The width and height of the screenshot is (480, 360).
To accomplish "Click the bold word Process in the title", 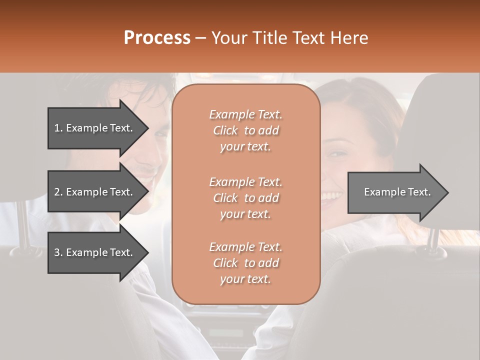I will [x=157, y=38].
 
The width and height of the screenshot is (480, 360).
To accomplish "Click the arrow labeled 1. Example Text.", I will [x=95, y=128].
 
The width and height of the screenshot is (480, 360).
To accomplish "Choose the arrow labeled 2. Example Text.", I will [x=95, y=192].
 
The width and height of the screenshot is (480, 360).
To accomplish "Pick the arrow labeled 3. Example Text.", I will [x=95, y=252].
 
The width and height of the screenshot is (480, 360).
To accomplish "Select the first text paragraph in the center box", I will [x=245, y=130].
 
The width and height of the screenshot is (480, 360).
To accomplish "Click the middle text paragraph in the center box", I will [x=245, y=198].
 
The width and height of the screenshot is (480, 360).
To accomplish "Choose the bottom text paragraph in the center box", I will [x=245, y=263].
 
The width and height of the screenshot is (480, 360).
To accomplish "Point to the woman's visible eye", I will [x=337, y=153].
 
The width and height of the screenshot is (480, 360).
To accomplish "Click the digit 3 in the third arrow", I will [x=57, y=252].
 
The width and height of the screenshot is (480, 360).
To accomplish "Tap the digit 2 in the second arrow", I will [x=57, y=192].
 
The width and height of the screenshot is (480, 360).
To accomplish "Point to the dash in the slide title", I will [x=201, y=38].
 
